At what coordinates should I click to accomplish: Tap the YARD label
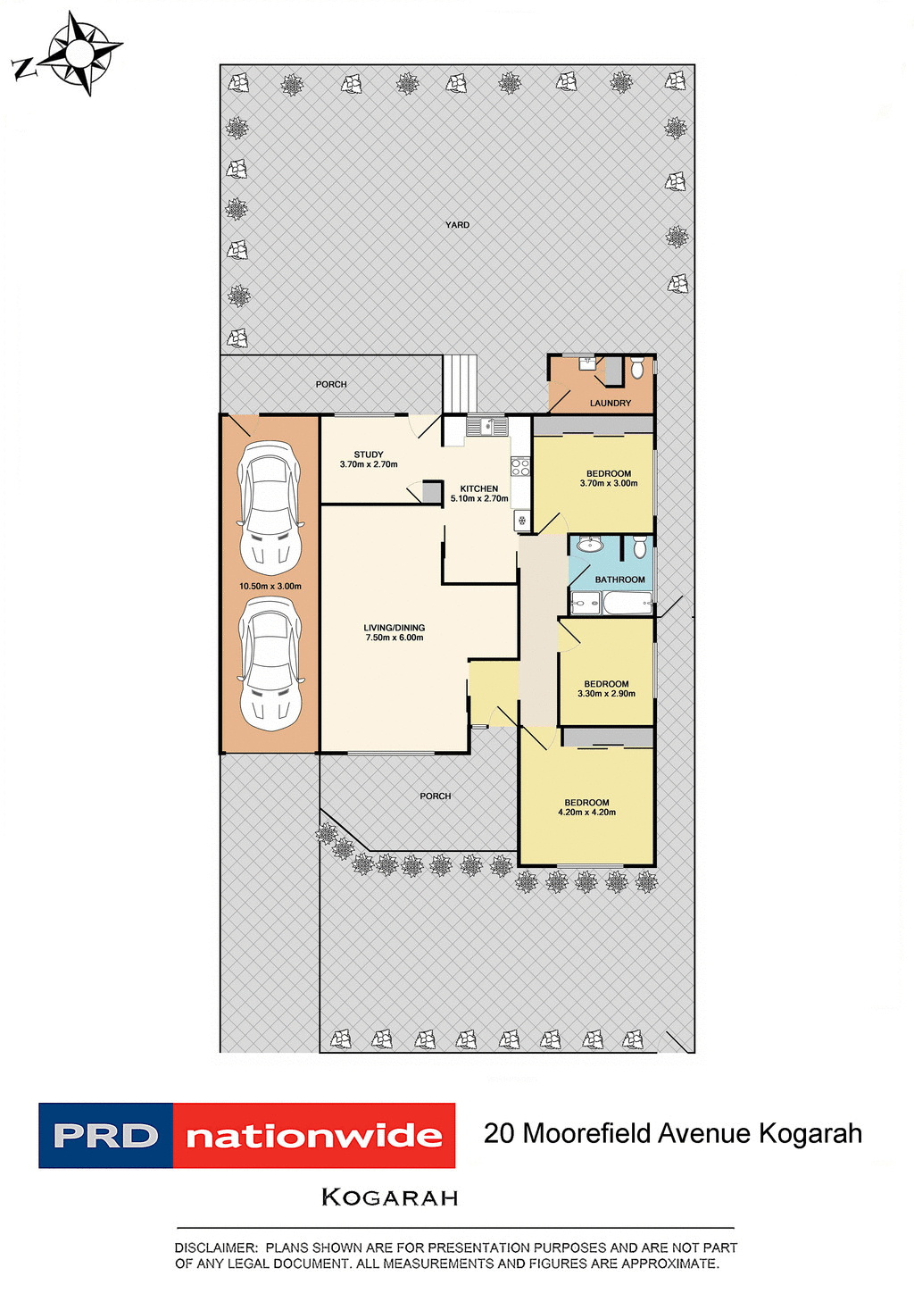457,225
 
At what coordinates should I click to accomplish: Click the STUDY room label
369,455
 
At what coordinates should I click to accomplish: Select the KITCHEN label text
479,488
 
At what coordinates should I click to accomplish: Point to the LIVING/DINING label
394,628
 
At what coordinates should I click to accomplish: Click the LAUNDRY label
611,404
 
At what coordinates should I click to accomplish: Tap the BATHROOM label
619,580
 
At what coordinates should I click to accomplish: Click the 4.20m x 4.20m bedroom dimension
586,813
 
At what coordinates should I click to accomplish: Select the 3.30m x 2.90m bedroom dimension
606,694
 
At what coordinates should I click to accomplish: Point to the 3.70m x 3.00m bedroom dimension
609,484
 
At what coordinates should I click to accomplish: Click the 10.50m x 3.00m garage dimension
270,587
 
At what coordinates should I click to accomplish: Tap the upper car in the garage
270,508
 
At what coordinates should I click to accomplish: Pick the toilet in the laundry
636,367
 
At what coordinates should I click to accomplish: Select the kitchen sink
487,426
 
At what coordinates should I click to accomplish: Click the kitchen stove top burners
520,466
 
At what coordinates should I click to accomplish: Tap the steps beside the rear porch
461,384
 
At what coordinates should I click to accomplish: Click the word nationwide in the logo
314,1136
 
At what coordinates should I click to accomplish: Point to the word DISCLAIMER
215,1247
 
